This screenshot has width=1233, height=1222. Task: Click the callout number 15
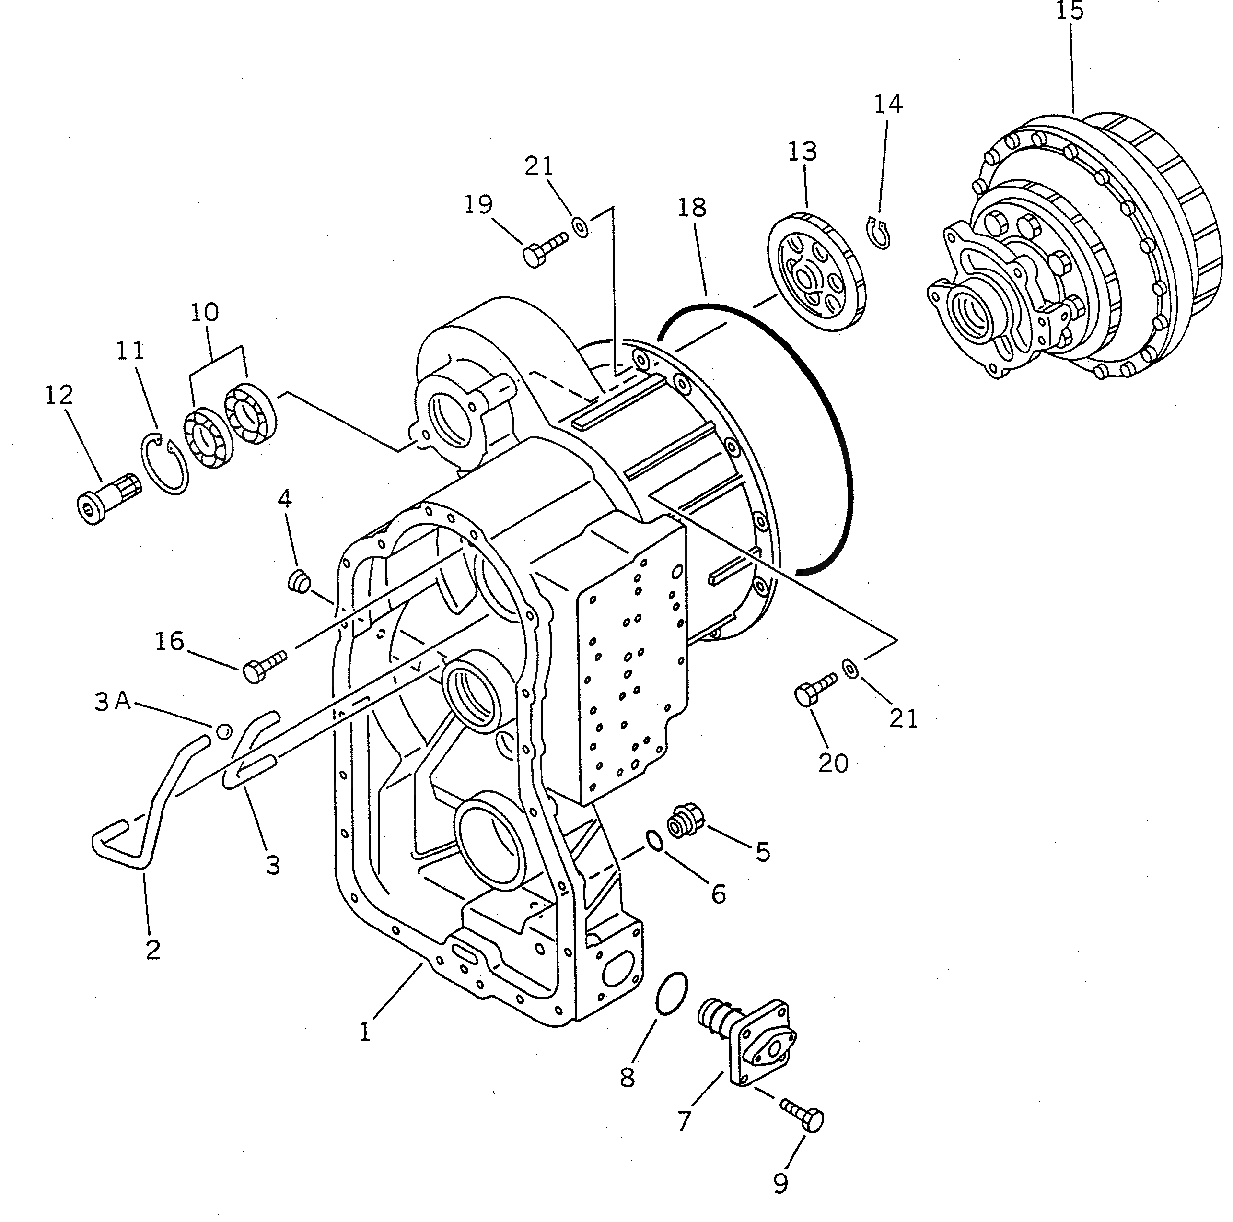[x=1070, y=12]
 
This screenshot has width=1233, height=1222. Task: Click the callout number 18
[x=692, y=208]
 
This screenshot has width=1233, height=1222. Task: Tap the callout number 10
[x=204, y=312]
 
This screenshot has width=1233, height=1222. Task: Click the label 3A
[x=113, y=702]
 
